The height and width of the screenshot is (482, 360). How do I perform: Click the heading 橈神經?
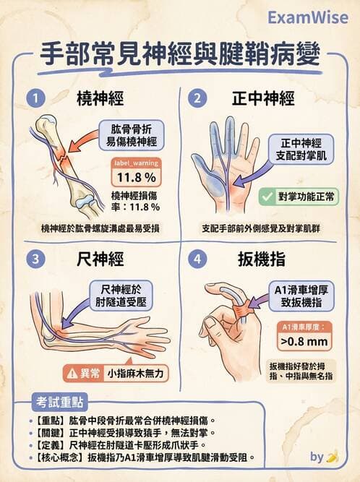click(x=98, y=98)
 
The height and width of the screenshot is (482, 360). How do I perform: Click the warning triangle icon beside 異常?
click(x=72, y=374)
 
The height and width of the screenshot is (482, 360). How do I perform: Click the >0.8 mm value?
click(x=304, y=340)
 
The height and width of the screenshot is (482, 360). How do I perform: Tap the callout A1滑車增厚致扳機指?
click(x=303, y=297)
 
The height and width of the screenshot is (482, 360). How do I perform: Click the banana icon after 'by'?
click(x=333, y=457)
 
